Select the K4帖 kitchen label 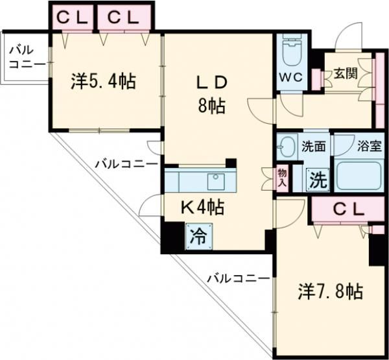(x=202, y=208)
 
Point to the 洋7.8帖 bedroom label (x=330, y=291)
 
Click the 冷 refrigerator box (x=197, y=236)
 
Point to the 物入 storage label (x=282, y=176)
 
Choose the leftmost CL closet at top (x=72, y=18)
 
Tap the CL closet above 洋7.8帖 (x=348, y=210)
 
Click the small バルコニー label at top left (x=26, y=58)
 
